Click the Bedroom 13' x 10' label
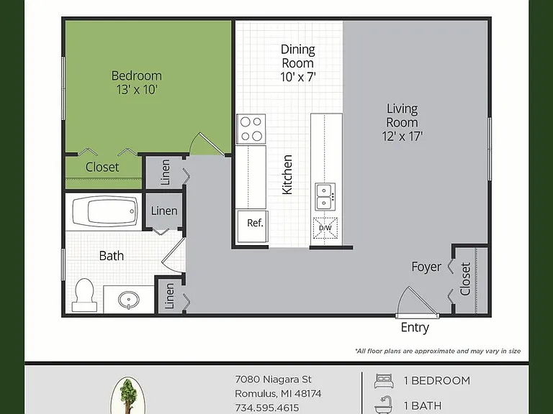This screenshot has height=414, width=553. [x=137, y=83]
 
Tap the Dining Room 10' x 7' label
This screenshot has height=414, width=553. [x=298, y=63]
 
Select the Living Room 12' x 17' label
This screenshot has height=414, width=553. [x=402, y=122]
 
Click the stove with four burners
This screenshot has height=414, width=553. [x=251, y=129]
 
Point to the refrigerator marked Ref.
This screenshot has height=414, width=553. [x=253, y=226]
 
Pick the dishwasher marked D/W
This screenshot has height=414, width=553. [x=325, y=228]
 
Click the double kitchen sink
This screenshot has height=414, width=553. [x=325, y=197]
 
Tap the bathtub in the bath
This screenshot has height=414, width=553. [x=105, y=211]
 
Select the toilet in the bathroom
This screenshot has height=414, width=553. [x=84, y=295]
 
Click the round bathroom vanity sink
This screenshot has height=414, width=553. [x=129, y=300]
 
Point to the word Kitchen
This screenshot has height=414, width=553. [x=287, y=175]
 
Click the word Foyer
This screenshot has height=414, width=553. [x=426, y=267]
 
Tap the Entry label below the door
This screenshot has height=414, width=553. [x=415, y=328]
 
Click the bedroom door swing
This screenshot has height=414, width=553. [x=207, y=144]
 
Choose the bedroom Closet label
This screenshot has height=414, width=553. [x=102, y=167]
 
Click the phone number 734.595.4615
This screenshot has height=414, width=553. [x=267, y=408]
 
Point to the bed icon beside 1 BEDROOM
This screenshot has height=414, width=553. [x=383, y=381]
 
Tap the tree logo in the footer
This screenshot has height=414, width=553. [x=127, y=396]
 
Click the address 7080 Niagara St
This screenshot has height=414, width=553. [x=273, y=379]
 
